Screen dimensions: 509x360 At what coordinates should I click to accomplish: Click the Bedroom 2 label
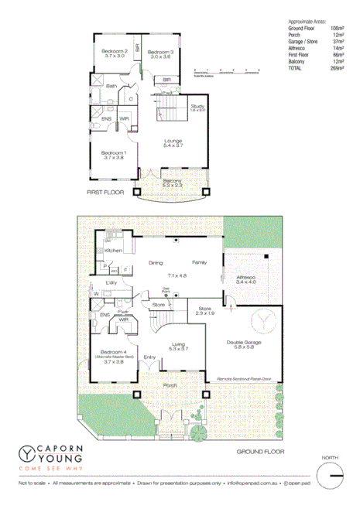pos(114,51)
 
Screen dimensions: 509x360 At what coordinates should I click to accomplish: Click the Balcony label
pos(172,181)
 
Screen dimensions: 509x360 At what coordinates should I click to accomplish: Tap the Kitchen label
pos(114,251)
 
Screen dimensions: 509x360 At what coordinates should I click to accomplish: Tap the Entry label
pos(149,357)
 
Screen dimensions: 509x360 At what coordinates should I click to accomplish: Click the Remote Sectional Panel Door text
pos(246,378)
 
